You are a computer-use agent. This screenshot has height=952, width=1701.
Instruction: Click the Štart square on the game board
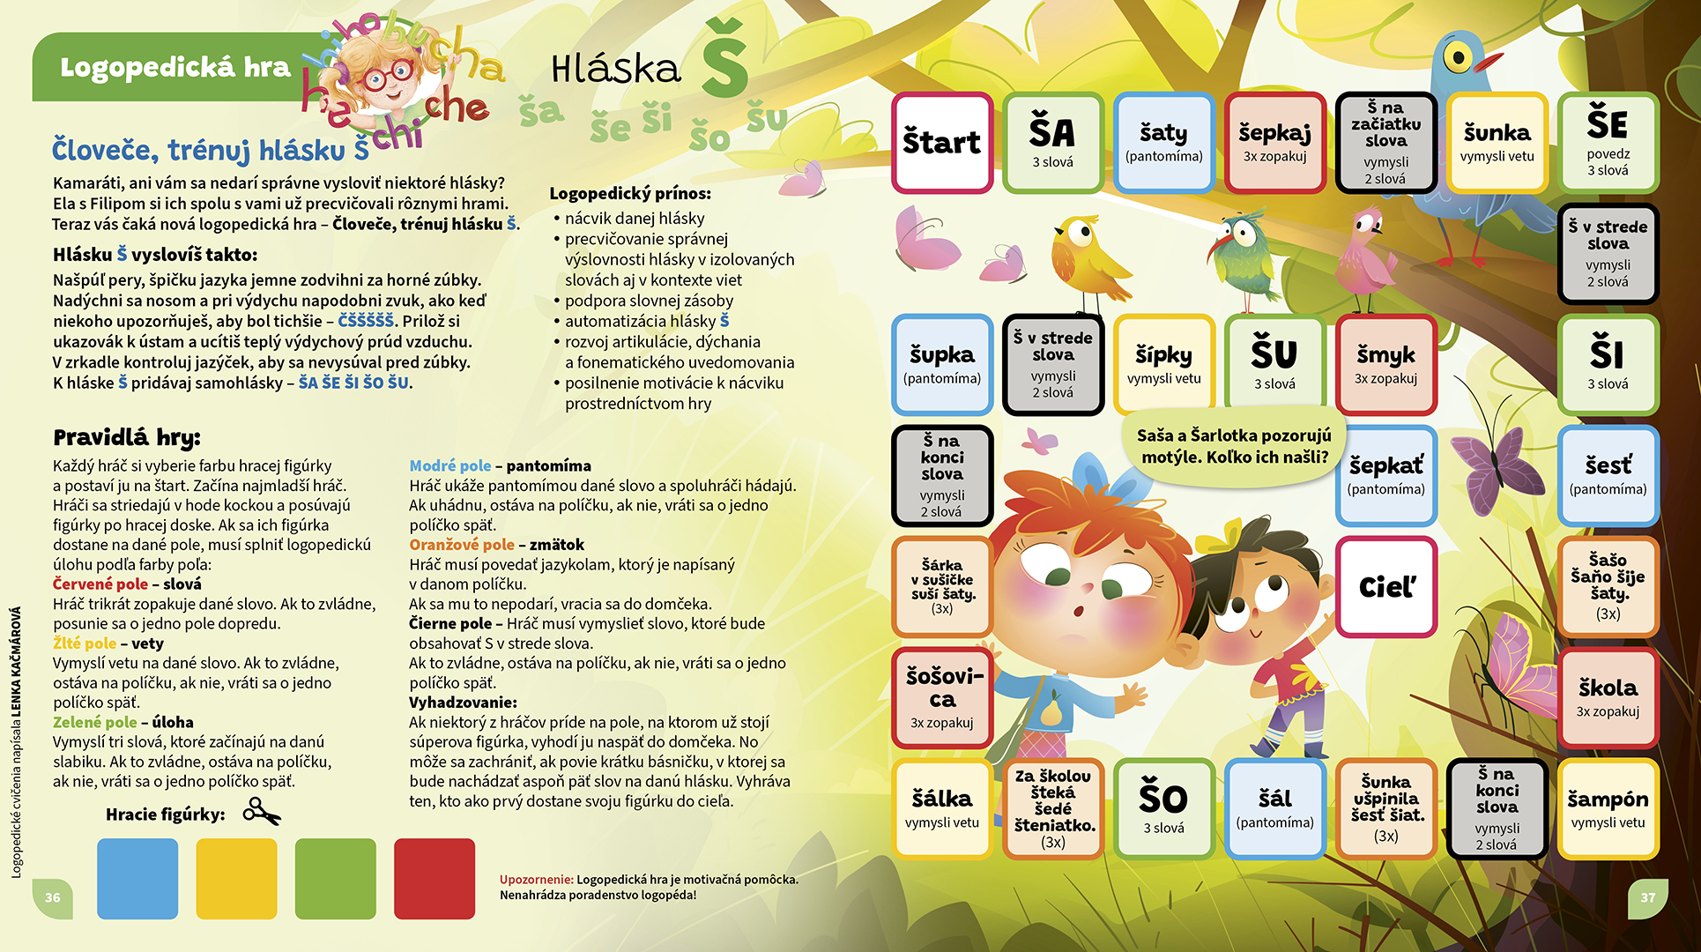point(941,143)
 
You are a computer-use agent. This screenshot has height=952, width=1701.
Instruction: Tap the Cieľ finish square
point(1386,587)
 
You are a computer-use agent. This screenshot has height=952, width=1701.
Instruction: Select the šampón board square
point(1608,808)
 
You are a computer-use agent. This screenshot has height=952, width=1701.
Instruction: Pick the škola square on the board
point(1608,697)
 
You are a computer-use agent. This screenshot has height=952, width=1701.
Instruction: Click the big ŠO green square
point(1163,808)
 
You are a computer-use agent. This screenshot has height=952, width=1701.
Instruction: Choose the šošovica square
point(941,697)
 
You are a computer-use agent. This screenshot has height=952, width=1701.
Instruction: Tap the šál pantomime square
point(1274,808)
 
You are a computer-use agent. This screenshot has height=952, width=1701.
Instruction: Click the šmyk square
point(1385,364)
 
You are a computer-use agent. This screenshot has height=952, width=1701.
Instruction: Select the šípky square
point(1163,364)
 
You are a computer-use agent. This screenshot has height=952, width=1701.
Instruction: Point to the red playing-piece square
point(435,879)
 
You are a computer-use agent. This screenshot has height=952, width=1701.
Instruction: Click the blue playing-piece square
point(137,879)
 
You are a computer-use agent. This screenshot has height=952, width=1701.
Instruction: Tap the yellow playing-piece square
point(236,879)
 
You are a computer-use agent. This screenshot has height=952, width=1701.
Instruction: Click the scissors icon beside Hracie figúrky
point(262,812)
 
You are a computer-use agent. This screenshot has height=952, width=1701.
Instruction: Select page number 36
point(53,897)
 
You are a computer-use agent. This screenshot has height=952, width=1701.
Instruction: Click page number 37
point(1647,897)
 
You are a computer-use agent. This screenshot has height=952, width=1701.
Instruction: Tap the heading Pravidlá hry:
point(127,437)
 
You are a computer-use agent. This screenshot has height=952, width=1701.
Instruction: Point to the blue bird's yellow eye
point(1459,58)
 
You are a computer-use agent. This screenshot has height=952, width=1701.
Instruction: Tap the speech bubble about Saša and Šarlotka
point(1232,446)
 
